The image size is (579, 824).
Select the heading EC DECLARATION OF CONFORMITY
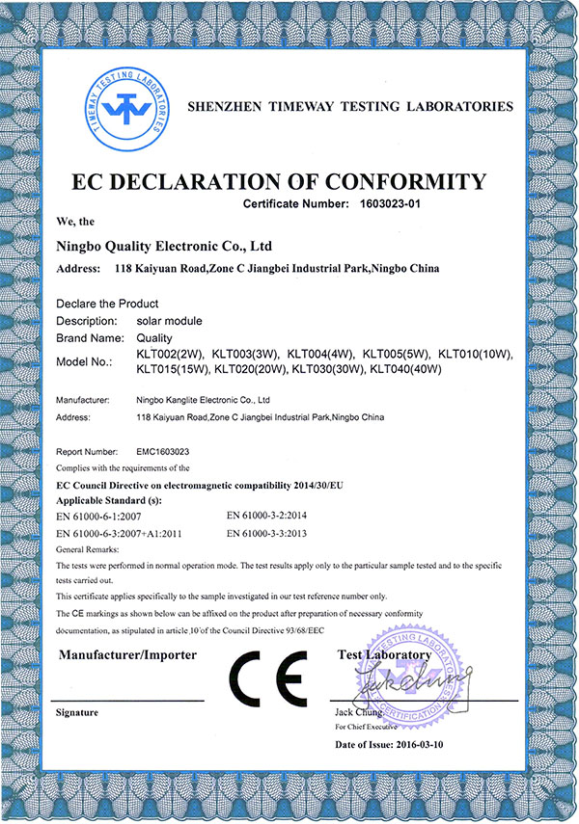289,182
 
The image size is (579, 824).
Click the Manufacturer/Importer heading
127,655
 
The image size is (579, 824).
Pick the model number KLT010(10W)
475,356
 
